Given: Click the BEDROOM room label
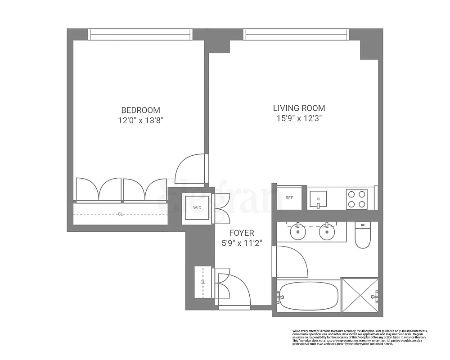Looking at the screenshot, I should [x=140, y=110].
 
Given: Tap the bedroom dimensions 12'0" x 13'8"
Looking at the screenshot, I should [x=140, y=121].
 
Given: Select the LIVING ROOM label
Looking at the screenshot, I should [x=299, y=108].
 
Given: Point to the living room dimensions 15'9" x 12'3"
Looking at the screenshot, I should [x=299, y=119].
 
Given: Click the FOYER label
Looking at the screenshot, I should [x=242, y=233].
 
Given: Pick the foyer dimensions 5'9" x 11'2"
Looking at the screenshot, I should [x=242, y=243].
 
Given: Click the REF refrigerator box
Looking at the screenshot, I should [x=289, y=198].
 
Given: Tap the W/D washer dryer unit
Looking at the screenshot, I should [x=197, y=208].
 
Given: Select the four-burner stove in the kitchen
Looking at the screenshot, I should [x=356, y=199].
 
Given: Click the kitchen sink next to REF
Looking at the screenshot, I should [x=320, y=198].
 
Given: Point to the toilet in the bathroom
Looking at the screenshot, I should [x=362, y=236].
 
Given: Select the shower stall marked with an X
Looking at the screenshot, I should [x=360, y=294].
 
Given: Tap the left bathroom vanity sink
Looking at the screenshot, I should [x=297, y=232].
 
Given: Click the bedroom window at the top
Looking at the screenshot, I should [x=140, y=35].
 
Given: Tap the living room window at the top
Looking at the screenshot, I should [x=297, y=35].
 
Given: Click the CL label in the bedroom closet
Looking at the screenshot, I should [x=120, y=214].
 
